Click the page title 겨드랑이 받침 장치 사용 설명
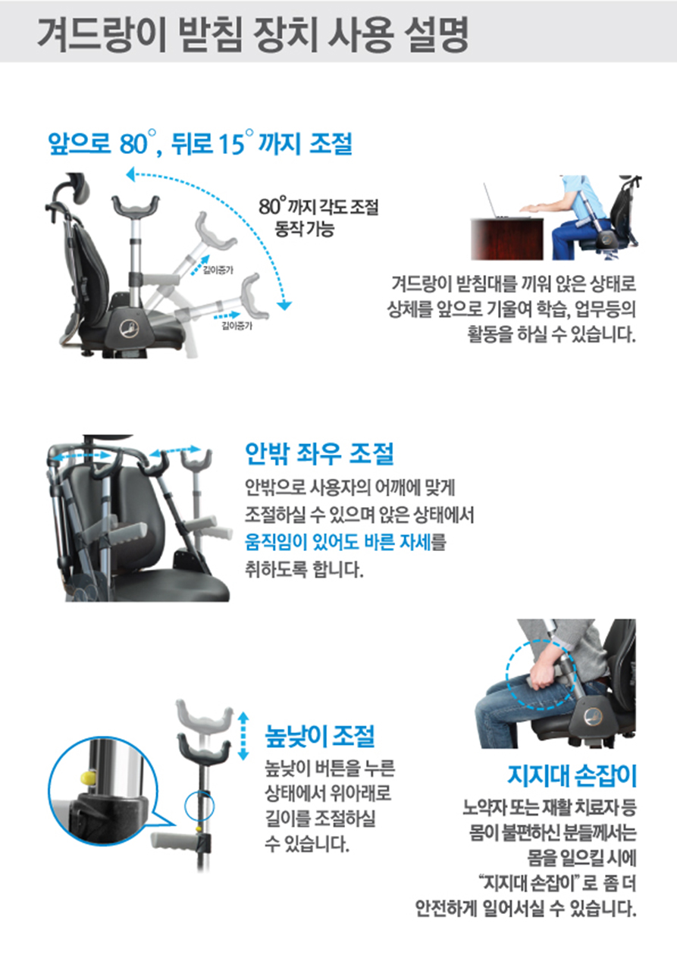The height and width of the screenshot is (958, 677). [252, 34]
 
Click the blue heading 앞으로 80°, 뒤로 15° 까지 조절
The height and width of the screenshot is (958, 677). [199, 142]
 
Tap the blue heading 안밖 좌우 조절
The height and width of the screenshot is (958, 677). [318, 454]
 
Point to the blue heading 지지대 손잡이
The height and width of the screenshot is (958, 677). [572, 775]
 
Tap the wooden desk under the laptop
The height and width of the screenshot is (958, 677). [507, 239]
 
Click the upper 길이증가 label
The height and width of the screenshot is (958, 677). [218, 271]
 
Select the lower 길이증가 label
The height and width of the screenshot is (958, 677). [237, 327]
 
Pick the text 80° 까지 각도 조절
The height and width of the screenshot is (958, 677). [318, 207]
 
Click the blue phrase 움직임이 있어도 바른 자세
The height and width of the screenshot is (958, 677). [338, 543]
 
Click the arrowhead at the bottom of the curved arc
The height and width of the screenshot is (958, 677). [284, 305]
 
